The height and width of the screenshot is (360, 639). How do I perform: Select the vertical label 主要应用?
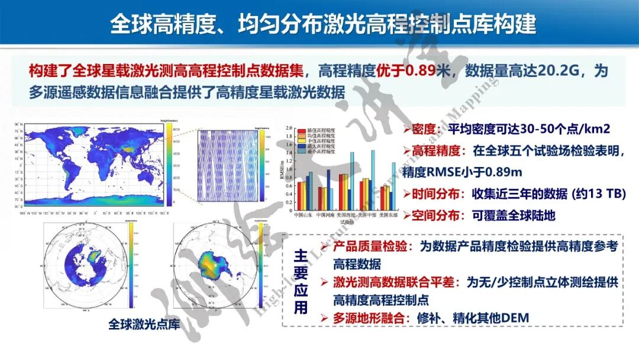click(x=301, y=281)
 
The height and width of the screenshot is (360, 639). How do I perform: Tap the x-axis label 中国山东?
click(x=304, y=216)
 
